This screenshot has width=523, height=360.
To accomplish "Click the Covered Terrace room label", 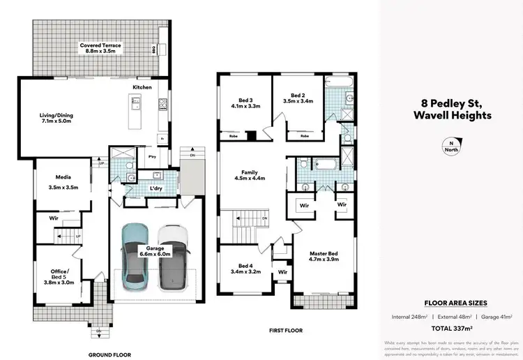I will point(100,49).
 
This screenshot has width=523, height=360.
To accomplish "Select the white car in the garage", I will point(173,257).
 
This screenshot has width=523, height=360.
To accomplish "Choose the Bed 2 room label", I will point(298,98).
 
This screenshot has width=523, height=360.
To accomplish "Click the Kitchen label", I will point(142,87).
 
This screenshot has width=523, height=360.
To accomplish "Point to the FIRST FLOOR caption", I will point(286,329).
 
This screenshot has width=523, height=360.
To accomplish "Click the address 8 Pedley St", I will point(451,103).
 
